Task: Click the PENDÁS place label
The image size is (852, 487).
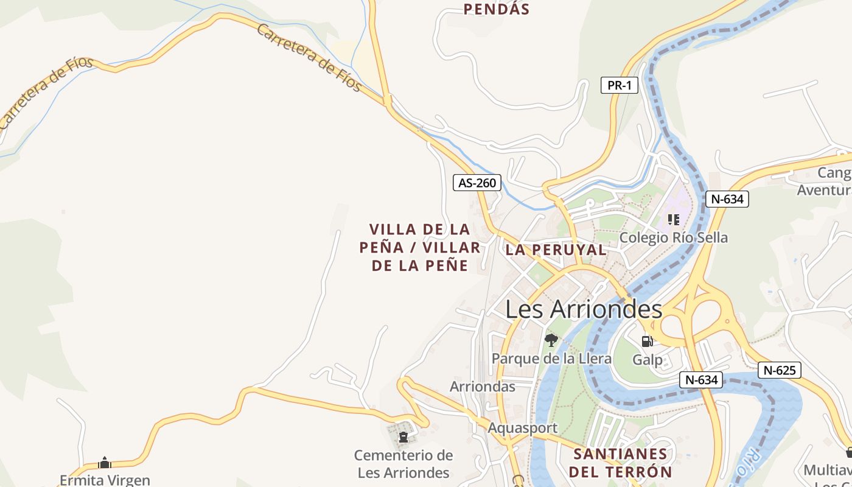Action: point(497,9)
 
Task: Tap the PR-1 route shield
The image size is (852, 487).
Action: point(620,85)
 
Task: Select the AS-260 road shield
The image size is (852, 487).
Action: point(477,182)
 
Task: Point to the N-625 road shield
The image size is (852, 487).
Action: point(779,370)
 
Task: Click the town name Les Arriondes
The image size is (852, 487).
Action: point(584,309)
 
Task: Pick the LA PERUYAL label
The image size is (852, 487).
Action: point(556,250)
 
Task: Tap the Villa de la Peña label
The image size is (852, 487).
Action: point(420,247)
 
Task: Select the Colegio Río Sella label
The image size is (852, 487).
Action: point(673,237)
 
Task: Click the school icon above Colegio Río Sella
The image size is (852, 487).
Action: point(673,219)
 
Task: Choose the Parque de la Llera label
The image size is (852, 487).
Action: point(551,358)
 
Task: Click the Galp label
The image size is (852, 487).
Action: point(648,359)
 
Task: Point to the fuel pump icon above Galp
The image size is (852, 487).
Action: point(647,342)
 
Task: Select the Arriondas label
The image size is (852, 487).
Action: point(482,387)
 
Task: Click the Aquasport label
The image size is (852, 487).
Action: point(522,428)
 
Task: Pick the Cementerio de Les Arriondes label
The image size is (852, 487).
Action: point(403,464)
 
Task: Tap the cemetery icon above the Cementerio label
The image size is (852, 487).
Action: point(403,437)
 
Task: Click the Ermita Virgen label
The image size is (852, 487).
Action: point(105,480)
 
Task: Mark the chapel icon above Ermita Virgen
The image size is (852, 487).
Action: point(105,463)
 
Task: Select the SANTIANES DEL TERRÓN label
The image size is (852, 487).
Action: point(621,463)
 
